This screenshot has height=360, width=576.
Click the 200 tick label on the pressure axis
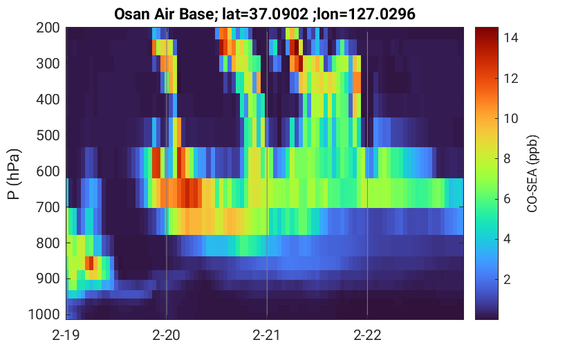(x=48, y=28)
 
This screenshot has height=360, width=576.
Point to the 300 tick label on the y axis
(x=48, y=64)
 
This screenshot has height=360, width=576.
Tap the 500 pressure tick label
(x=48, y=135)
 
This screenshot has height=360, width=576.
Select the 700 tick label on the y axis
(x=48, y=207)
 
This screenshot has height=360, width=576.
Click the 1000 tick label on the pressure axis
(x=44, y=314)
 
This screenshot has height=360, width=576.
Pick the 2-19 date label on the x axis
(x=66, y=335)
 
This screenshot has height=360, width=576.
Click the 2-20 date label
(x=167, y=335)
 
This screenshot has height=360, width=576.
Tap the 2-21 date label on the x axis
(x=267, y=335)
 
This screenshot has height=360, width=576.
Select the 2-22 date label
(x=367, y=335)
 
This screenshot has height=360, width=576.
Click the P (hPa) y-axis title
(x=14, y=174)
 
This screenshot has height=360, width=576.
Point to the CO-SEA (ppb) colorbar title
(x=532, y=174)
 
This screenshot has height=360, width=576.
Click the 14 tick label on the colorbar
(x=511, y=38)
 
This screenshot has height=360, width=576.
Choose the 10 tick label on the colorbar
(x=511, y=119)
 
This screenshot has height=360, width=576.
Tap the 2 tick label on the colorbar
(x=508, y=280)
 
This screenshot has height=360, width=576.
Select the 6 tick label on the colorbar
(x=508, y=199)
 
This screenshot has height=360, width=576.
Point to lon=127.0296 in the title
(x=366, y=15)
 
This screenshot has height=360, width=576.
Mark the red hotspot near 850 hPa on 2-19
(x=89, y=263)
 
